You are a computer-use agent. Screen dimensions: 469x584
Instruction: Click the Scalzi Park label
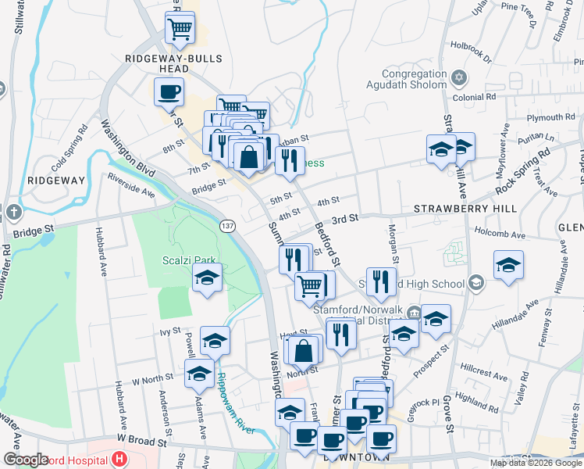tap(189, 261)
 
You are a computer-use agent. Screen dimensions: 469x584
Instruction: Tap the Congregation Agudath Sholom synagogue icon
tap(460, 77)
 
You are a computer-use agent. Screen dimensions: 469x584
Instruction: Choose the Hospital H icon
tap(119, 459)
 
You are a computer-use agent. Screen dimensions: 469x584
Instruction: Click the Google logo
tap(26, 460)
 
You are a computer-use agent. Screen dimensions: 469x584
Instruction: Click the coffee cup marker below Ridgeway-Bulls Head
tap(169, 93)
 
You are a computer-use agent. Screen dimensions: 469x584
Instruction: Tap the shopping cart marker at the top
tap(180, 29)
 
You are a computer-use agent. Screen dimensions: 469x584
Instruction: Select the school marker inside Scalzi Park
tap(207, 277)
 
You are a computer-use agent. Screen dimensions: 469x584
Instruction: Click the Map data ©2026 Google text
tap(535, 463)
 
